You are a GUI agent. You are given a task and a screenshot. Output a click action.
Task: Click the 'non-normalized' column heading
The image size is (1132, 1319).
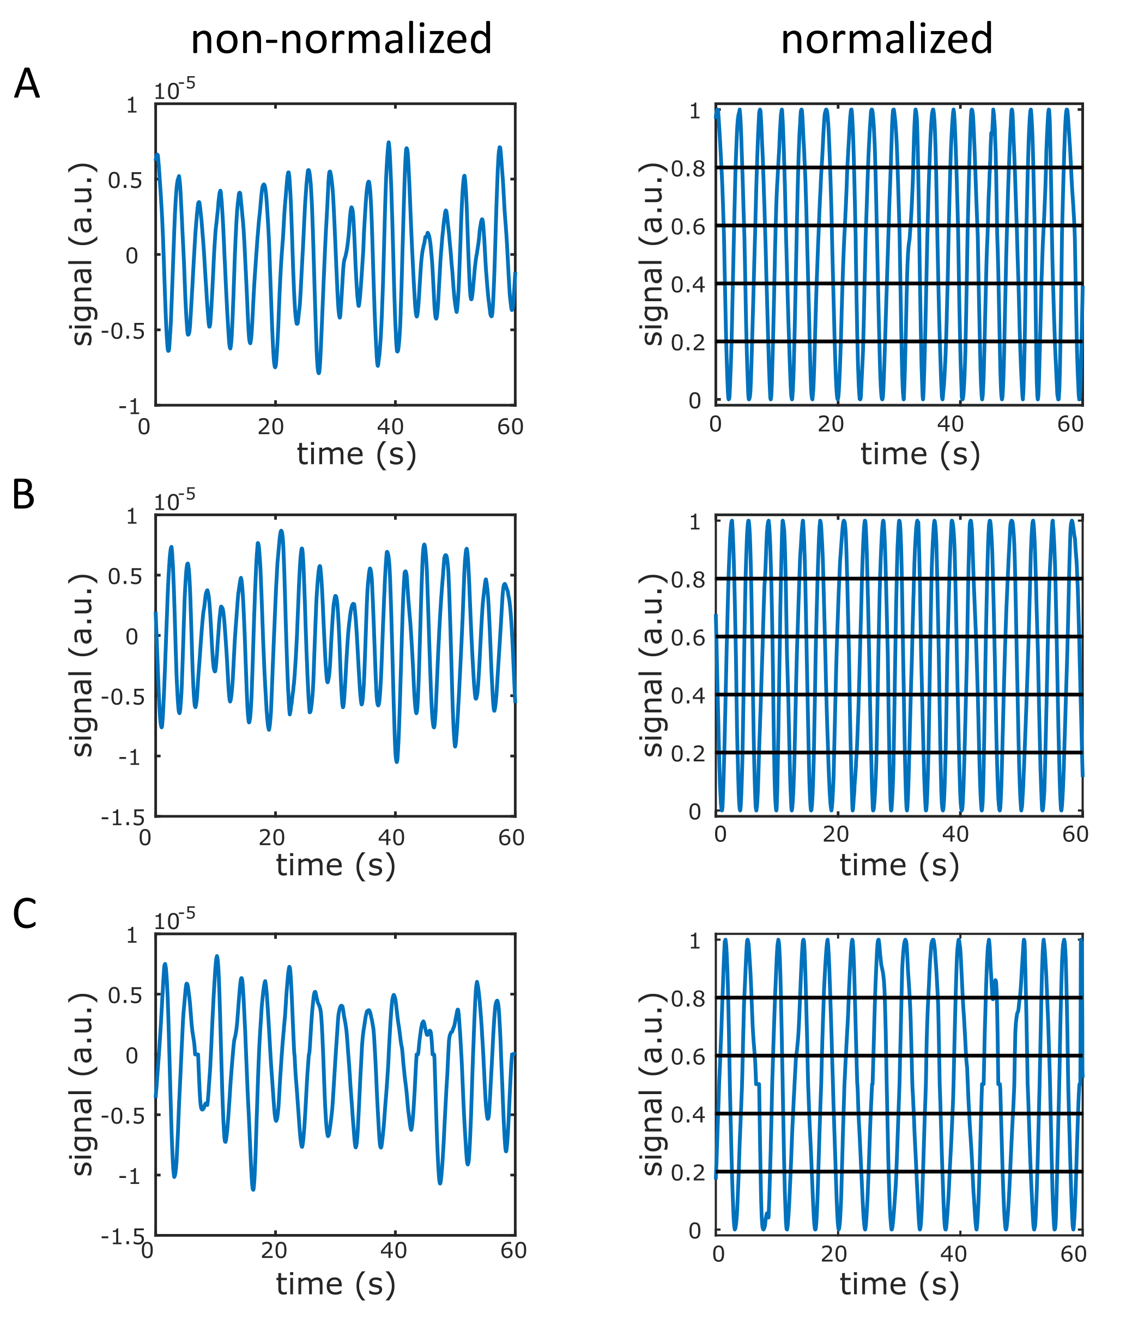[341, 38]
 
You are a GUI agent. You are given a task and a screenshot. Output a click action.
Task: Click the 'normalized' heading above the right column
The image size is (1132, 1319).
[886, 38]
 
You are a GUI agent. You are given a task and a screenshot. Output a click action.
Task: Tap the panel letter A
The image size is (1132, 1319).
[27, 83]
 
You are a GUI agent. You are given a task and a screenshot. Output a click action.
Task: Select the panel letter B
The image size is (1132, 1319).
[23, 494]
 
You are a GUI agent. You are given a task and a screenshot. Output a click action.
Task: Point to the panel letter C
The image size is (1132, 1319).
[25, 914]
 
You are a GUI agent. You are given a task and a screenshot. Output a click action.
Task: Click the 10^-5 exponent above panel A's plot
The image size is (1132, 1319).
[174, 90]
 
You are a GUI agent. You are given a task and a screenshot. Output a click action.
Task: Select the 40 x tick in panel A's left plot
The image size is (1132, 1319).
[390, 426]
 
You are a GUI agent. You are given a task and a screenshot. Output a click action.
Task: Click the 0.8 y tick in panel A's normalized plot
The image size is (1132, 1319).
[688, 169]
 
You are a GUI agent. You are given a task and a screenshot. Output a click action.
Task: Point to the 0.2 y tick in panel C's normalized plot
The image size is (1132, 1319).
[688, 1172]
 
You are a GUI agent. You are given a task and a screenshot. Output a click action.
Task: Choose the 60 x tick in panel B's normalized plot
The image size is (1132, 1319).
[1075, 834]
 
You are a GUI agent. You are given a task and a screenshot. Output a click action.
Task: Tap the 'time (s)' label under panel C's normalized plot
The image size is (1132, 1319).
[899, 1284]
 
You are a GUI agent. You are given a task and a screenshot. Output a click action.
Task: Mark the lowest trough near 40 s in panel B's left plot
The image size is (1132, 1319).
[397, 761]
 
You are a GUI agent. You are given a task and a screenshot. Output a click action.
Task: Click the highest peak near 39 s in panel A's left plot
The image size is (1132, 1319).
[389, 143]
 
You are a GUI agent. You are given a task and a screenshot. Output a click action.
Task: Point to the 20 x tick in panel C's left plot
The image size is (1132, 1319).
[274, 1251]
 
